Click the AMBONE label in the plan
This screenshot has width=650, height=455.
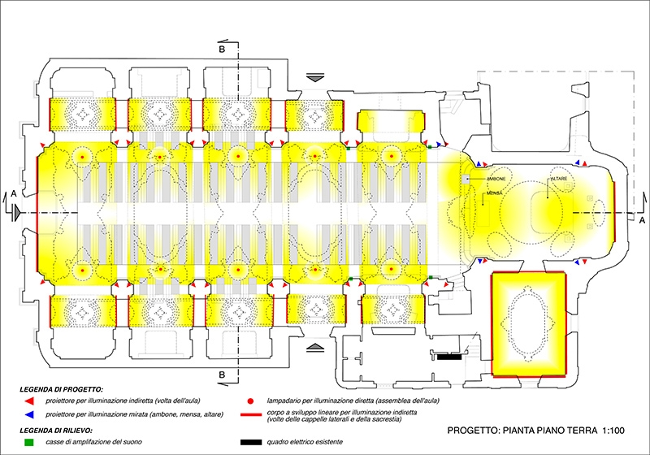tap(497, 178)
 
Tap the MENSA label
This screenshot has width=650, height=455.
tap(493, 193)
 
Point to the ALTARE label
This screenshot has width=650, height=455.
tap(560, 178)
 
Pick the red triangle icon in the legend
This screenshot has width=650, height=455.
tap(28, 401)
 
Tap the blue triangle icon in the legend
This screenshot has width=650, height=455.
tap(28, 414)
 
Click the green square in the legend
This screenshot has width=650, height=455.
tap(28, 442)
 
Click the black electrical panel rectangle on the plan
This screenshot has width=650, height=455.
tap(448, 356)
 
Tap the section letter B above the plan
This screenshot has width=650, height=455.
tap(221, 48)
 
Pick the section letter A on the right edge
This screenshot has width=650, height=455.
tap(639, 193)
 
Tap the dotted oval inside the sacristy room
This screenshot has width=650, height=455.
tap(528, 326)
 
